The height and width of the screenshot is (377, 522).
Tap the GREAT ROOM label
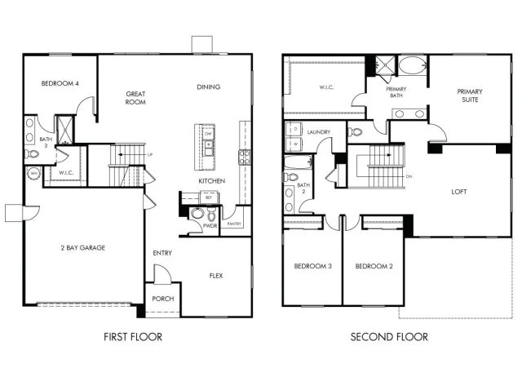click(x=135, y=99)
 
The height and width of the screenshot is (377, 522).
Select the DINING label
click(x=209, y=86)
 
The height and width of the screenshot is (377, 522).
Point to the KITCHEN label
click(x=211, y=180)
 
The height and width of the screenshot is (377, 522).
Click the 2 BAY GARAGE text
click(x=82, y=247)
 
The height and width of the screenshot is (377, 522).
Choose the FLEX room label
click(x=216, y=275)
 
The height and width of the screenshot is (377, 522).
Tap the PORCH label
click(x=161, y=298)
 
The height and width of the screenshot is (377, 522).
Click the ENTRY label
click(x=161, y=253)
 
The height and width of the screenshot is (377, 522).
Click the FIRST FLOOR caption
click(x=134, y=336)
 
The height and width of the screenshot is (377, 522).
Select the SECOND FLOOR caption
click(x=389, y=336)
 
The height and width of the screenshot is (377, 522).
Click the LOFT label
click(x=460, y=193)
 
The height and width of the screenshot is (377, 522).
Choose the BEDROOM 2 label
click(x=373, y=267)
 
